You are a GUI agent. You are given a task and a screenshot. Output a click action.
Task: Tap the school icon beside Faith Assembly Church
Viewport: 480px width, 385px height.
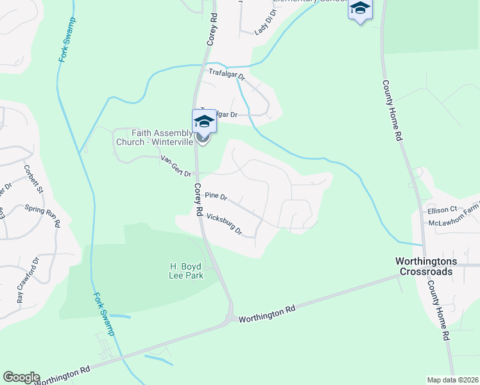point(203,121)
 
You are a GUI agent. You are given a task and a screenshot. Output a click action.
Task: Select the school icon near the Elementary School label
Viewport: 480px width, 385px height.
point(360,9)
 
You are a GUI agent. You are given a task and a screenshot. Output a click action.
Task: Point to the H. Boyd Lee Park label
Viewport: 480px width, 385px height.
point(186,270)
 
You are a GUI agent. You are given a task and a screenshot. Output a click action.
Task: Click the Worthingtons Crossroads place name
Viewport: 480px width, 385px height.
point(425,266)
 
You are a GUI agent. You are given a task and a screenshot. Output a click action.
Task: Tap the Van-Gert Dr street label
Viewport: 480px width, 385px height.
point(176,166)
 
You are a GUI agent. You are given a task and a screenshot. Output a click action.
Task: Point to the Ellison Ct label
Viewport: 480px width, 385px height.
point(441,210)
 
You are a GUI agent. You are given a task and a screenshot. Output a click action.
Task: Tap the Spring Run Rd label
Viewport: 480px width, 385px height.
point(42,216)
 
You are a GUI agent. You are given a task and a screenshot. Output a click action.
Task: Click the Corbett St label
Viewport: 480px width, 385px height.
point(33,178)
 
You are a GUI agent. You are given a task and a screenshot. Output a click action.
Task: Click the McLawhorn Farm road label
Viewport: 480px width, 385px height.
point(453,221)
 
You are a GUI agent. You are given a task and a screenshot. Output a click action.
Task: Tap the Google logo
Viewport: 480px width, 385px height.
point(21,377)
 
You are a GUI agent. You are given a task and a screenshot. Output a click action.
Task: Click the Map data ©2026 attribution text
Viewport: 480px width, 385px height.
point(452,380)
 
